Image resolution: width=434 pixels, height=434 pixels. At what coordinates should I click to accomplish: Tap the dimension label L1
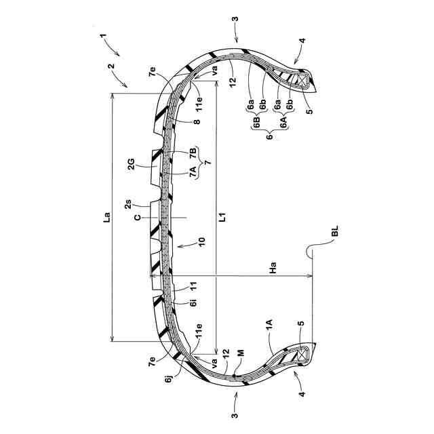221,218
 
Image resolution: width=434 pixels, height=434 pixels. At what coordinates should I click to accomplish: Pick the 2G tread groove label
133,162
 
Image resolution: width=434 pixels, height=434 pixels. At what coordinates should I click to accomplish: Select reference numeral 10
201,241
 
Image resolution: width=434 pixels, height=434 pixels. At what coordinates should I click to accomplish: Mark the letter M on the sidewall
240,353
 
